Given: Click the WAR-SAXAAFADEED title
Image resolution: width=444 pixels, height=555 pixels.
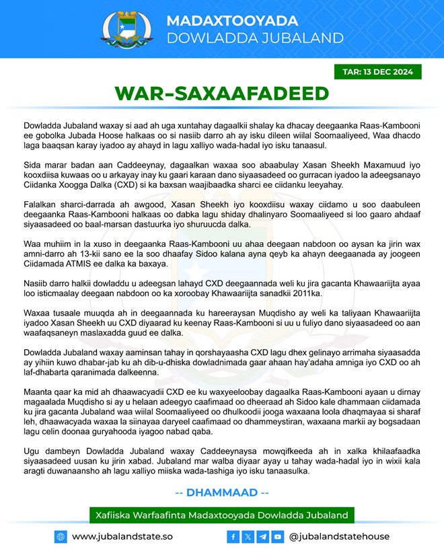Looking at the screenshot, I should [x=221, y=93].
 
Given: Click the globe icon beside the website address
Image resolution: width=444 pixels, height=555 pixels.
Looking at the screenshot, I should [x=61, y=536].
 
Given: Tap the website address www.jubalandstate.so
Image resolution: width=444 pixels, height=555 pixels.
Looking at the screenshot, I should [x=122, y=536].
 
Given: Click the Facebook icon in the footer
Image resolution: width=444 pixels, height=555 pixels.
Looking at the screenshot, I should [x=233, y=536].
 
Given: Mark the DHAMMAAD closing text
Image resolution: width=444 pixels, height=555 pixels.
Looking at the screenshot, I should [x=221, y=492].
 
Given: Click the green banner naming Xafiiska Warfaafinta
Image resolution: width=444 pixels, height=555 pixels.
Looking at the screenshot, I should [x=221, y=515].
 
